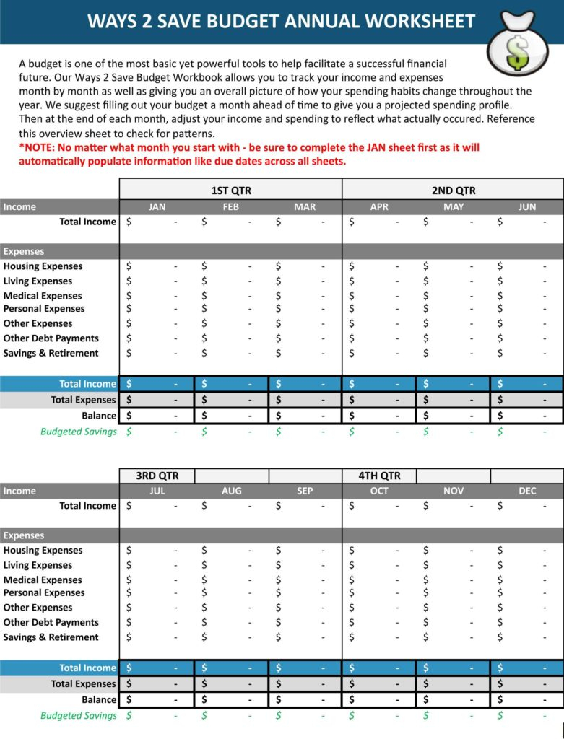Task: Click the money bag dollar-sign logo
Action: point(517,47)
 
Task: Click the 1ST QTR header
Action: point(230,191)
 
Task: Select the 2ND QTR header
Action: point(453,191)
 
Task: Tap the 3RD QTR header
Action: point(157,476)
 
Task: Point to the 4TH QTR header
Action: point(379,476)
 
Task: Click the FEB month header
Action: point(231,206)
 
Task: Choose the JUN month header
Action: point(527,206)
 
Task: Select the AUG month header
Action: point(231,491)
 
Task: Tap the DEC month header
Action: point(527,491)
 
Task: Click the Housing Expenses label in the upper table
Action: point(43,266)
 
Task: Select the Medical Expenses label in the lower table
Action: point(43,580)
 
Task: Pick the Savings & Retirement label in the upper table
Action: point(51,353)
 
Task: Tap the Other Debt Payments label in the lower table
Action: point(51,622)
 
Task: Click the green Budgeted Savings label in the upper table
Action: point(78,432)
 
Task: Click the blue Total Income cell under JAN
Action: point(156,384)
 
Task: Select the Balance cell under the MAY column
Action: point(453,416)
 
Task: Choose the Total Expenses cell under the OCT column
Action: point(378,683)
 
